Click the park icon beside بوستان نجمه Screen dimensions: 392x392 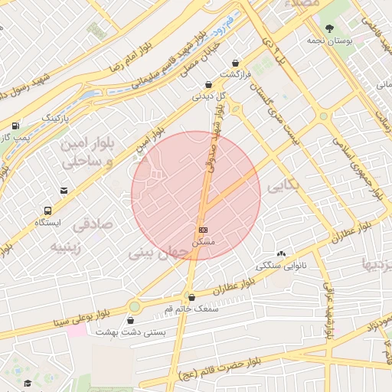[x=330, y=28]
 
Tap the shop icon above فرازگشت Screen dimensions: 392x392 [x=235, y=63]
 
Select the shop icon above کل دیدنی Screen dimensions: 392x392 [x=208, y=85]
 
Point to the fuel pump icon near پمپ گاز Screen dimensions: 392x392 [x=15, y=126]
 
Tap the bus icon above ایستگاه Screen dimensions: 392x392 [x=48, y=210]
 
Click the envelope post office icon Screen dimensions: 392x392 [x=64, y=191]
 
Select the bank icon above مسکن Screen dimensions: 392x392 [x=203, y=230]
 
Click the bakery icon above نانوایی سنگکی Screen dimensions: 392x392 [x=281, y=253]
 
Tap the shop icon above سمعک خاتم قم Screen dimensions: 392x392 [x=191, y=297]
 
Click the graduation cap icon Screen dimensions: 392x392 [x=28, y=383]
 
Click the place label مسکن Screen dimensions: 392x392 [x=203, y=242]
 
